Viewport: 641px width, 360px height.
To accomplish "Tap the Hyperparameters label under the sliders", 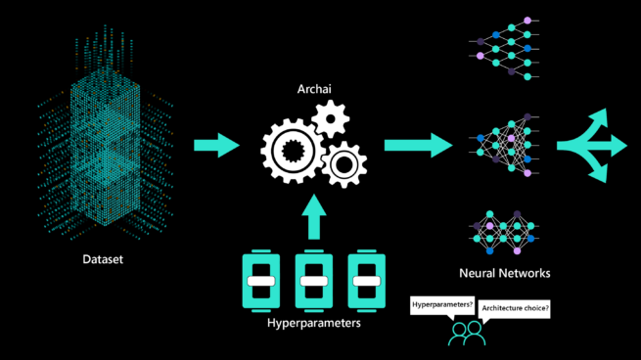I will [x=313, y=323].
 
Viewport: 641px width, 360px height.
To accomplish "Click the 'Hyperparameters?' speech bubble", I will [x=441, y=306].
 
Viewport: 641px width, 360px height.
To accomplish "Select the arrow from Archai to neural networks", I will [x=418, y=145].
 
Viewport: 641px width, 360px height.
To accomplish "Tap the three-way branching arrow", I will [x=595, y=146].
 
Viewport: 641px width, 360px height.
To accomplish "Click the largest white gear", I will [x=289, y=150].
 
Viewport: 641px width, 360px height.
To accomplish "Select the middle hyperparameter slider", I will [x=313, y=281].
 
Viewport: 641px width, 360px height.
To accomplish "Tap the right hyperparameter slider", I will [x=364, y=281].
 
